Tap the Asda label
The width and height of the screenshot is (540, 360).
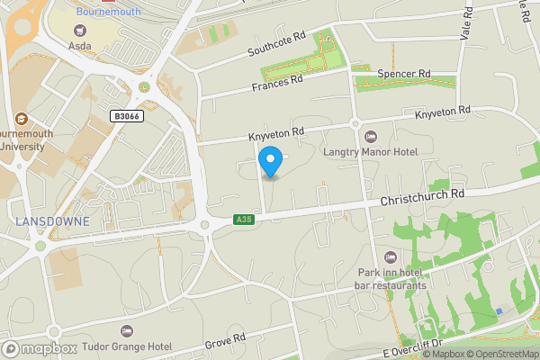pyautogui.click(x=80, y=46)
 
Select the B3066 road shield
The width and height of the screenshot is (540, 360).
pyautogui.click(x=128, y=116)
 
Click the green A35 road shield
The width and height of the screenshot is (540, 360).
pyautogui.click(x=242, y=220)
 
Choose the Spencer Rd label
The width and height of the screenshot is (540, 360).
pyautogui.click(x=405, y=74)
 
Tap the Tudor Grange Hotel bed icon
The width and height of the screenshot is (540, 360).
pyautogui.click(x=126, y=331)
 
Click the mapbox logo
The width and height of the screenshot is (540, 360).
pyautogui.click(x=39, y=348)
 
